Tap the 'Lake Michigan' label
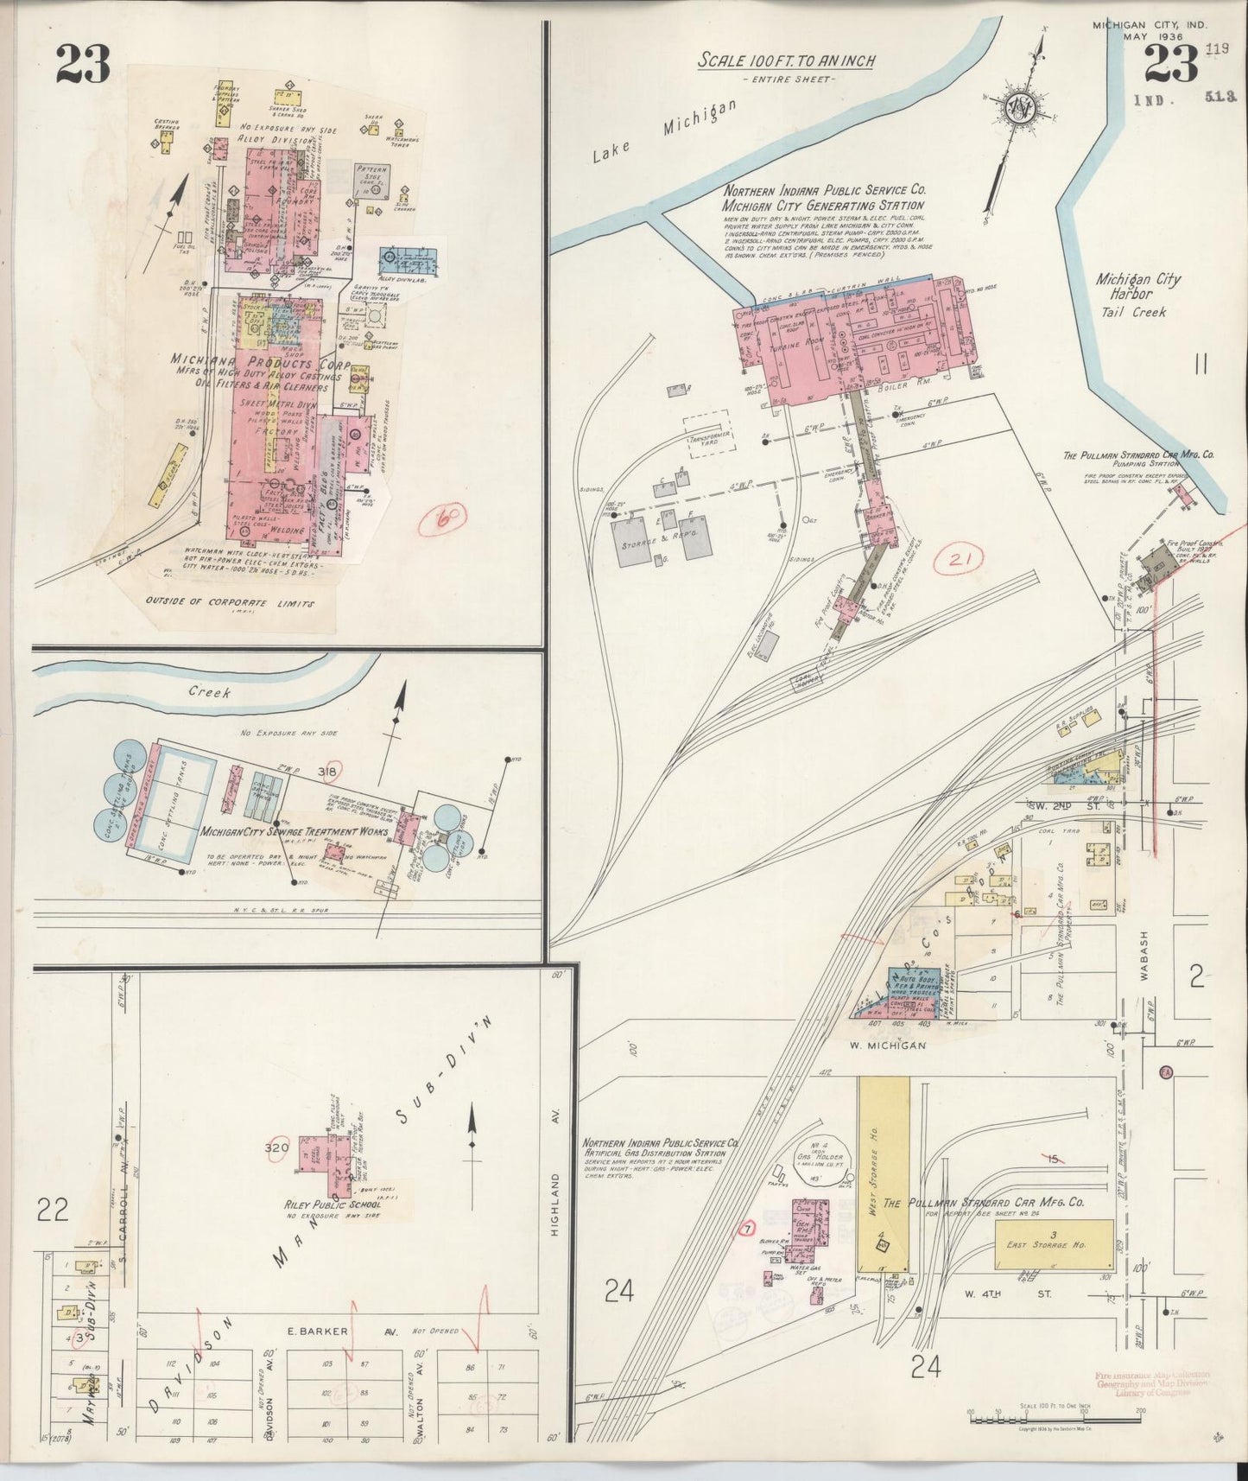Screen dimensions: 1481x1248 coord(664,130)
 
